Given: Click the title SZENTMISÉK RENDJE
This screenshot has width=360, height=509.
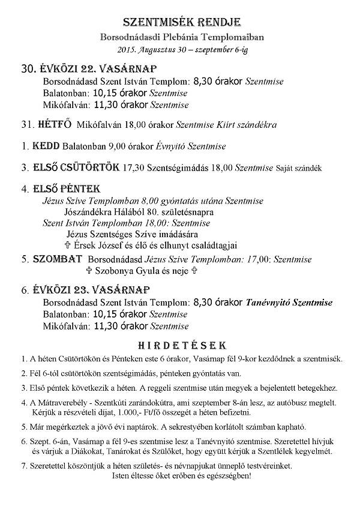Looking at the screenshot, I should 179,23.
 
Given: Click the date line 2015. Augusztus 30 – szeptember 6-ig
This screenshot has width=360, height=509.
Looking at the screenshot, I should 180,49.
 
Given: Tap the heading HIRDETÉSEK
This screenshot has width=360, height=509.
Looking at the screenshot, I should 180,346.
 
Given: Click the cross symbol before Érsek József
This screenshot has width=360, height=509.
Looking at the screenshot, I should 67,244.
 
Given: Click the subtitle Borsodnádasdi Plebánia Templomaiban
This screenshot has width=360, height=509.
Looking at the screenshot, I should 180,37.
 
